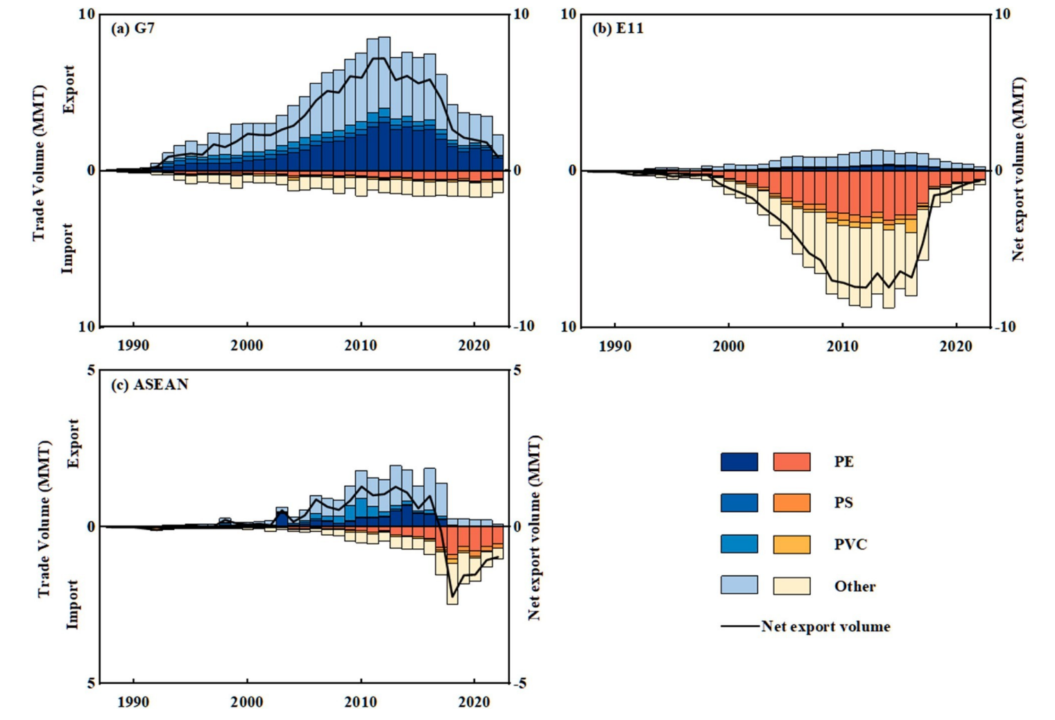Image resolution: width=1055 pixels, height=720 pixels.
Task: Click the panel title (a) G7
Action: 132,29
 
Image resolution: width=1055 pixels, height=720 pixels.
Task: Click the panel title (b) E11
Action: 617,29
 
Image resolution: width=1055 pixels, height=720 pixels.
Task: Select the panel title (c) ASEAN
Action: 149,385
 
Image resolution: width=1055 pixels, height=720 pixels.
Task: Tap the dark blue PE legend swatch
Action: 739,462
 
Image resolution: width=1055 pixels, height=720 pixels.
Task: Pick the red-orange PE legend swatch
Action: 791,462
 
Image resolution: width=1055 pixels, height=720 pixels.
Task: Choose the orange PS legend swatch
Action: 791,502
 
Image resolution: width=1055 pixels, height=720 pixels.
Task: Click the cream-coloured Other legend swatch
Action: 791,586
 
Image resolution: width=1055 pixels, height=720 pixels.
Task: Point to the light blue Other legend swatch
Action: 739,586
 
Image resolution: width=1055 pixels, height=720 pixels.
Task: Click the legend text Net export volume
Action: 825,626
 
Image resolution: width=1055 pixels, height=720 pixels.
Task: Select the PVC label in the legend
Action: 850,545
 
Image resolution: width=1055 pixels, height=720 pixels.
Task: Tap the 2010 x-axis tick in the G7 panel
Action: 361,345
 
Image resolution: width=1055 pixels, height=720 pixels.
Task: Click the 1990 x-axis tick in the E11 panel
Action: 615,345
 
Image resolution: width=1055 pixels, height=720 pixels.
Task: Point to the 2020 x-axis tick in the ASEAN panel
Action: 474,702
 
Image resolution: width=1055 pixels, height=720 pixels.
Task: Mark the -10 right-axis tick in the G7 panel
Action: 522,326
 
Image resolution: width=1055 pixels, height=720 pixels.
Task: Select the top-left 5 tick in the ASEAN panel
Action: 91,371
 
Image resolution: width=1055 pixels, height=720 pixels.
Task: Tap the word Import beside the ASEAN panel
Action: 72,604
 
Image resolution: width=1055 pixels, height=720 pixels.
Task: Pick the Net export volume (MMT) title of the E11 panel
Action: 1018,169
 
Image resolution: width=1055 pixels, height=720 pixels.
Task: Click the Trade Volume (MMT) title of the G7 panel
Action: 39,163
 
